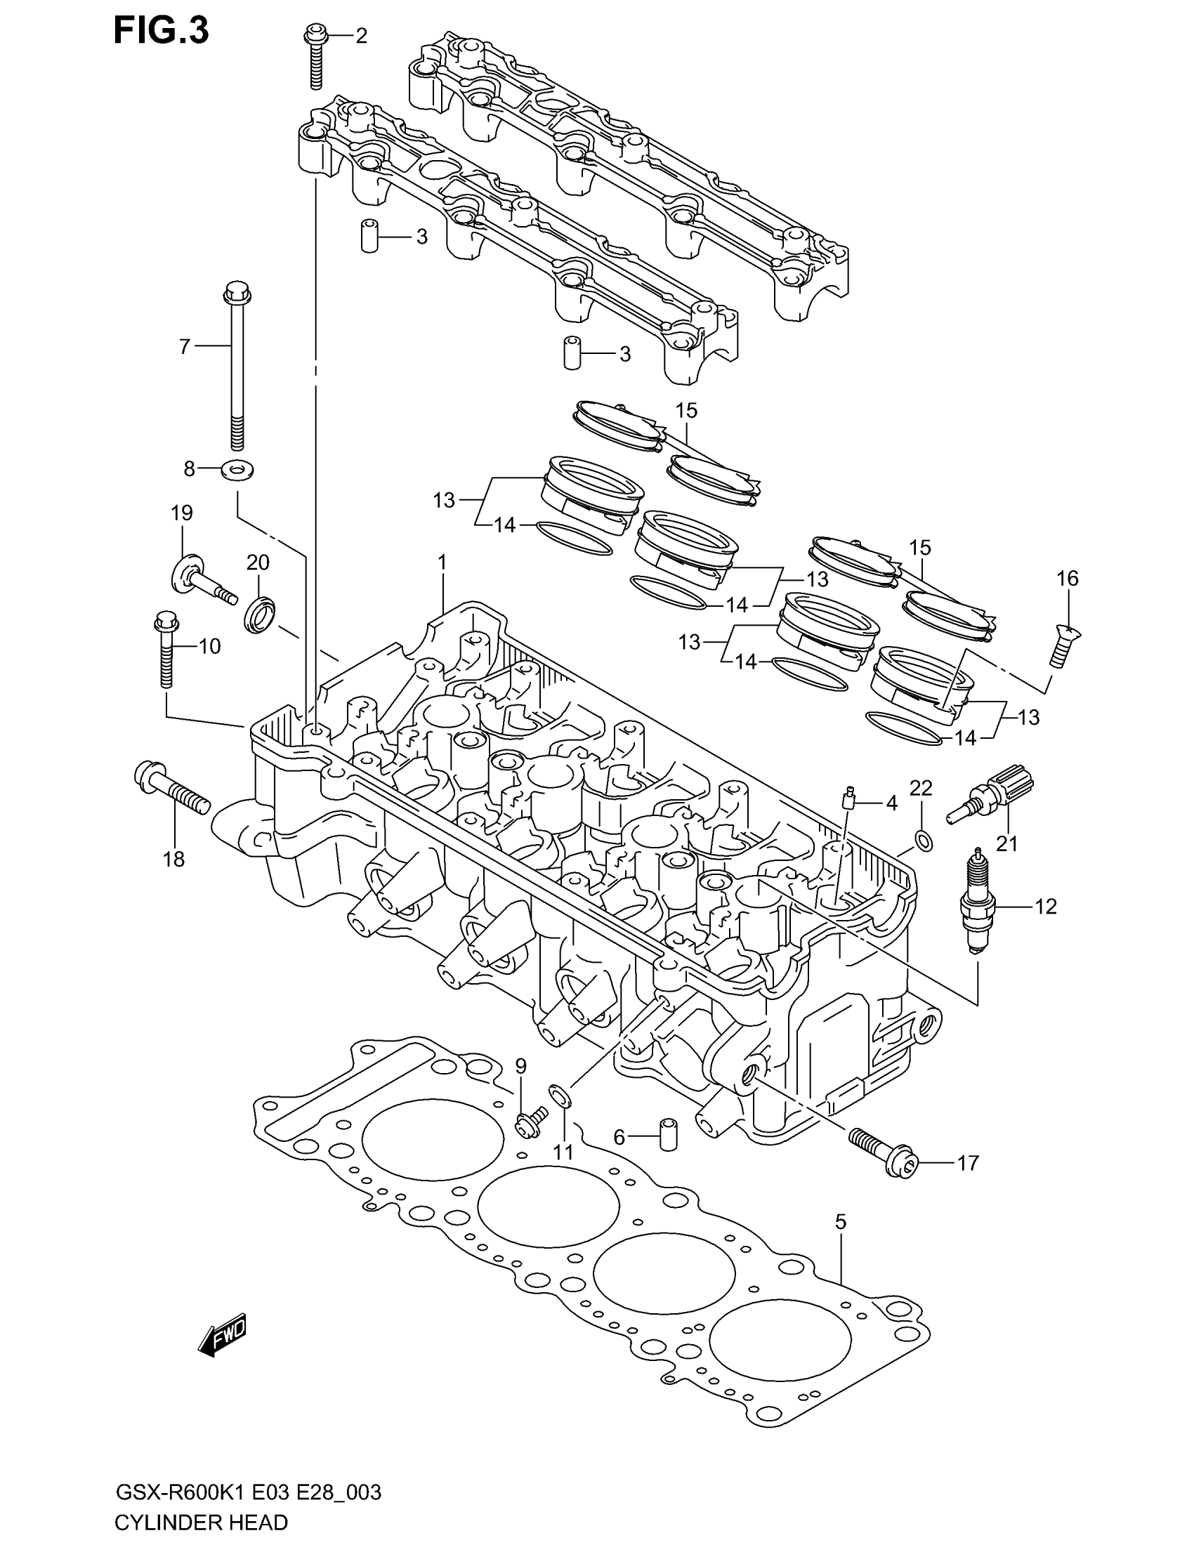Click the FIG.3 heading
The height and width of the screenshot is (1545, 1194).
pyautogui.click(x=162, y=31)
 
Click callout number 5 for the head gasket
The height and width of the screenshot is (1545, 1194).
pyautogui.click(x=840, y=1222)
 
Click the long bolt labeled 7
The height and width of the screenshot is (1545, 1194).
pyautogui.click(x=235, y=368)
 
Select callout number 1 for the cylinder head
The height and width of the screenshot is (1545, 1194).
pyautogui.click(x=442, y=563)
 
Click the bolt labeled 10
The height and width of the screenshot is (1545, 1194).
pyautogui.click(x=166, y=650)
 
